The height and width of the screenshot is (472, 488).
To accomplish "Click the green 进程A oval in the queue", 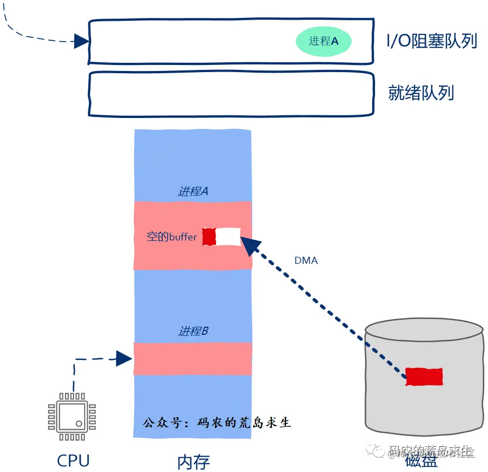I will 323,41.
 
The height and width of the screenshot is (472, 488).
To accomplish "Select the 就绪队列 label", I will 421,92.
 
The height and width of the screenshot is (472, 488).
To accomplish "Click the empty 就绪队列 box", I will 231,93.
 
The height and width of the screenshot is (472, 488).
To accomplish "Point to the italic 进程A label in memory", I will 193,191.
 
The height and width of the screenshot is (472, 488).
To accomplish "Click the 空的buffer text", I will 171,237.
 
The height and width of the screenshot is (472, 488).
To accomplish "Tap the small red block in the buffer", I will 209,237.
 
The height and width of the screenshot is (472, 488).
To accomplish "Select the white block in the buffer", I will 228,237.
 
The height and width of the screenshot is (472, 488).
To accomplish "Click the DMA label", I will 306,261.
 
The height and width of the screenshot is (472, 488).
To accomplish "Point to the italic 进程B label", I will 193,331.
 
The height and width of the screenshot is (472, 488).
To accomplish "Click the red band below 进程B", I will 193,358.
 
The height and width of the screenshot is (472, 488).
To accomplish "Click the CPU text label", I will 73,460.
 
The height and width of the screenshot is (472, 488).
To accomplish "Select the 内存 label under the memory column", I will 193,462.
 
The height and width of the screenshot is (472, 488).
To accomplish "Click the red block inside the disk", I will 424,376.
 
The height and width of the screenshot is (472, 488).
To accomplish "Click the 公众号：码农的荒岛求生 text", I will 217,423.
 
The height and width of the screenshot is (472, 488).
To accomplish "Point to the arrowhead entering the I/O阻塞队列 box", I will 81,41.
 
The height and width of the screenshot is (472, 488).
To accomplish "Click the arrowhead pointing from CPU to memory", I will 124,358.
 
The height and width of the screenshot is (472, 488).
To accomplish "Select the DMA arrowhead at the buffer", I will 249,245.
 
